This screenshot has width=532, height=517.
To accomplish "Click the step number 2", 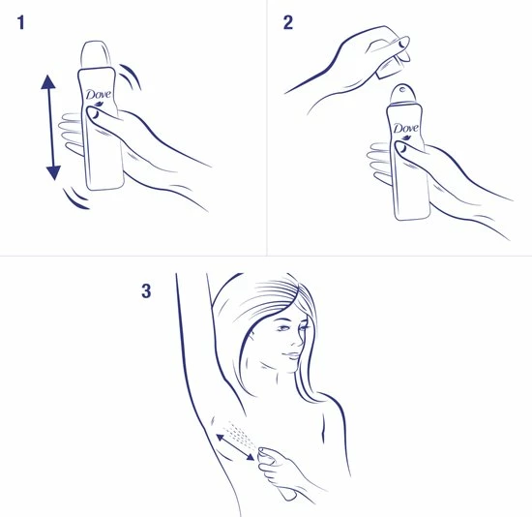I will pos(288,23).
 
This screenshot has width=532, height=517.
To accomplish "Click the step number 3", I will pos(146,289).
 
